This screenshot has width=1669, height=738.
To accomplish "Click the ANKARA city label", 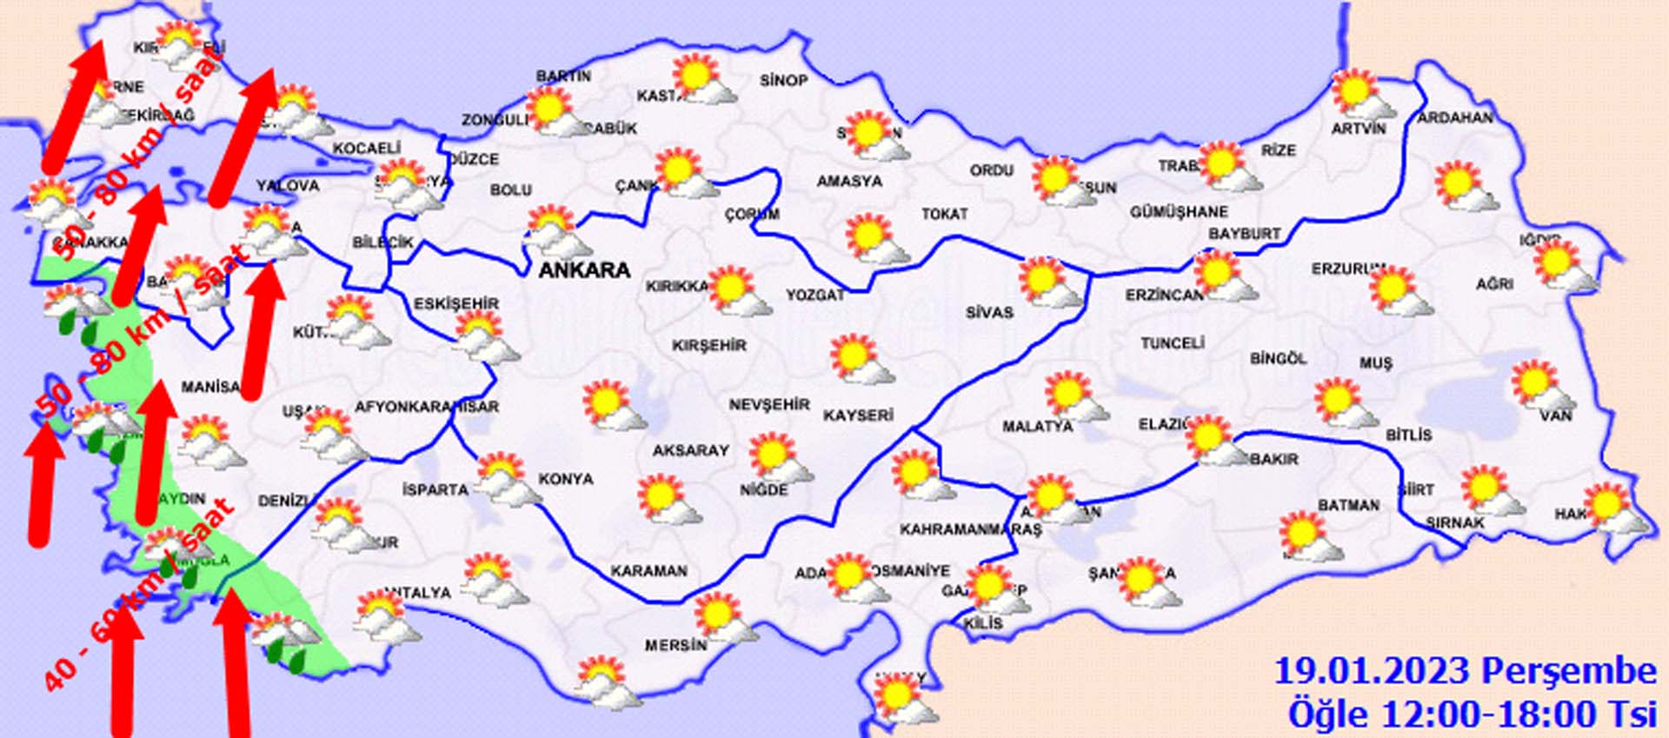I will [x=584, y=270].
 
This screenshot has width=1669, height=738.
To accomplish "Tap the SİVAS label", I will [x=989, y=312].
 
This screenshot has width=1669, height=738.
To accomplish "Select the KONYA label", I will [x=566, y=479].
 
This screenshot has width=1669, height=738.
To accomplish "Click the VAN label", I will [x=1555, y=416].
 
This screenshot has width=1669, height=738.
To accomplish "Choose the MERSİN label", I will [x=675, y=646].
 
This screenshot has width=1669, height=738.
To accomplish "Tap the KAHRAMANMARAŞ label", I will [x=970, y=529].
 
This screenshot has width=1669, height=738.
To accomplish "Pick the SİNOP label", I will [x=783, y=81].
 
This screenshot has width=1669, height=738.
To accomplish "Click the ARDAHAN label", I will [x=1455, y=117].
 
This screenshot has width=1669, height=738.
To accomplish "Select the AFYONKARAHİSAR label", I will [x=427, y=407].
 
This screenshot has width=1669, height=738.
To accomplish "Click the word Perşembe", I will [x=1568, y=671].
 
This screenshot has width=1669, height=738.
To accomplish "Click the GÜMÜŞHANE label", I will [x=1179, y=212].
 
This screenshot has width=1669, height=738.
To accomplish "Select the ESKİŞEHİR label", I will [x=456, y=303].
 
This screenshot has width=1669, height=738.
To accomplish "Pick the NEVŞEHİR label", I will [x=769, y=405].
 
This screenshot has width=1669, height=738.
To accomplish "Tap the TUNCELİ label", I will [x=1172, y=343].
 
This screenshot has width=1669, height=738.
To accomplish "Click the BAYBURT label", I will [x=1244, y=234].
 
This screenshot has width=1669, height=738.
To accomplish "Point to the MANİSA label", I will [x=209, y=387].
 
